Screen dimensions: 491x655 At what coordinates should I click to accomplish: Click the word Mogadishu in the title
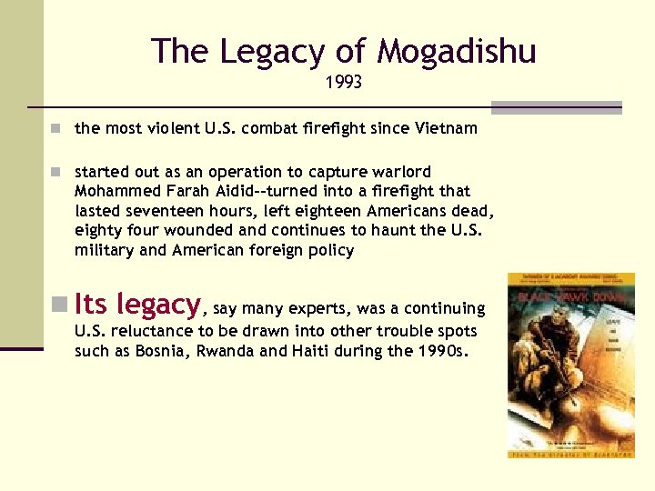coord(457,52)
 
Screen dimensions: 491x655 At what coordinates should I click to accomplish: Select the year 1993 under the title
coord(344,83)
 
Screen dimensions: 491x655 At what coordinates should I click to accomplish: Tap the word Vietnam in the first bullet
coord(446,128)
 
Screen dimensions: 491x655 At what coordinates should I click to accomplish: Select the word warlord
coord(398,172)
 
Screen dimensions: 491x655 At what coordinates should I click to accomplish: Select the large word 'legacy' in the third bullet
coord(158,305)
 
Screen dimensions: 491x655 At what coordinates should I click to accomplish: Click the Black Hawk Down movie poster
coord(570,365)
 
